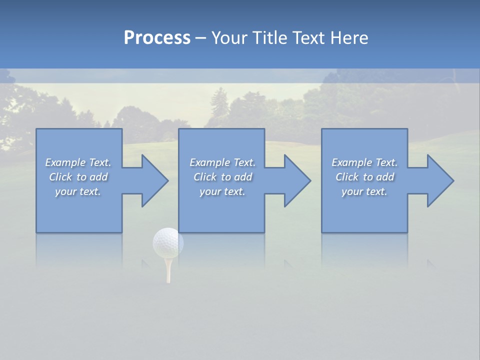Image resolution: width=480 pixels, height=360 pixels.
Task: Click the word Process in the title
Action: [x=157, y=38]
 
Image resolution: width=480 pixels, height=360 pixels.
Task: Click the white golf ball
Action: [x=168, y=243]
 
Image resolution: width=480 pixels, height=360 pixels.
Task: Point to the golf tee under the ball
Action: [x=168, y=270]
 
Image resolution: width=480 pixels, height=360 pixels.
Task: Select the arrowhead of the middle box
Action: [x=297, y=180]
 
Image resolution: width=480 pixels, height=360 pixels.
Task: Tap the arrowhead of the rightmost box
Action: [x=440, y=180]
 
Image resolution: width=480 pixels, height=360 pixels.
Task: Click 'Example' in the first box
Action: [x=65, y=162]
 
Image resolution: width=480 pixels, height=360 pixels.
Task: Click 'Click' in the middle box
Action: [x=205, y=177]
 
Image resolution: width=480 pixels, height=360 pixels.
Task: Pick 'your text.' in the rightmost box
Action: [x=364, y=191]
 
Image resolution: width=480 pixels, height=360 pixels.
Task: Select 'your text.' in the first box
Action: [x=78, y=191]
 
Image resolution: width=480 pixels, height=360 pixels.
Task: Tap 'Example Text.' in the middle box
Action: [x=222, y=162]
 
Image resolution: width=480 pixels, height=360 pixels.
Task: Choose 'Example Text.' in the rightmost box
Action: [x=364, y=162]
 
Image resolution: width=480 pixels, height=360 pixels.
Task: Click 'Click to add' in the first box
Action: [x=78, y=177]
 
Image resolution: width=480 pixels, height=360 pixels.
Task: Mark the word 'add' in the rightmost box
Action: [x=385, y=177]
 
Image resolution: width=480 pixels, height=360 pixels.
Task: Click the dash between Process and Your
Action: [x=201, y=38]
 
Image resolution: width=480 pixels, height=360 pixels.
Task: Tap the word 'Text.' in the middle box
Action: [x=243, y=162]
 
